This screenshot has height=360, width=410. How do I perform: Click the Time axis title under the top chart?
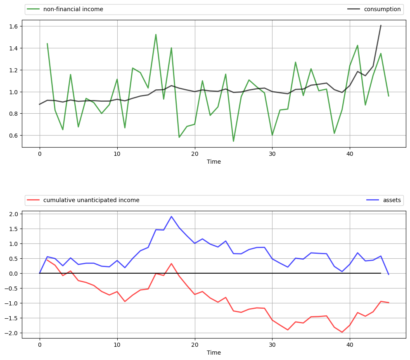(214, 162)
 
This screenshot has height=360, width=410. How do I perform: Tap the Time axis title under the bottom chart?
(214, 353)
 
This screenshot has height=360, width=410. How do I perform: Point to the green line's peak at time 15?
(156, 34)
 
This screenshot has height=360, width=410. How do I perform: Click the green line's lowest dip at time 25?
(233, 141)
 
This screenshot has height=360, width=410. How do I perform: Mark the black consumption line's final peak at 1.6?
(381, 25)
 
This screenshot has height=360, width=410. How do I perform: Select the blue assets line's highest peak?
(171, 216)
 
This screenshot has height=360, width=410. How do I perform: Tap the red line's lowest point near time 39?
(342, 332)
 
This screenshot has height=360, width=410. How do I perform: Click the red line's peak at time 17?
(171, 264)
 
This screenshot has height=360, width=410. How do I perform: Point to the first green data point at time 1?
(47, 43)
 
